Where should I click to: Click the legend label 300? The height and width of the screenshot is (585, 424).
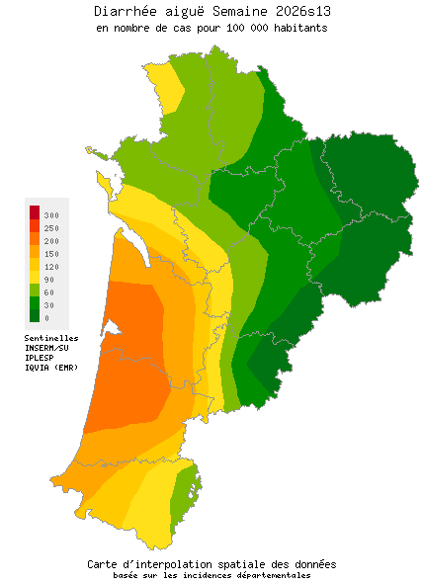[51, 214]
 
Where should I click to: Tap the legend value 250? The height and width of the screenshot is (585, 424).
[51, 228]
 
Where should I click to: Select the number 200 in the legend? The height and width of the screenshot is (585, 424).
[51, 241]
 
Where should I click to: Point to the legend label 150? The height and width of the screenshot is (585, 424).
[51, 254]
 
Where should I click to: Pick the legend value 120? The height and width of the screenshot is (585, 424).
[51, 267]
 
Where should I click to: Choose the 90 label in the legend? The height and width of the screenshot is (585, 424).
[49, 280]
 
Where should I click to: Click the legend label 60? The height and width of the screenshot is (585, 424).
[49, 292]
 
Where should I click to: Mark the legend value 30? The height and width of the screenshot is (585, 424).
[49, 305]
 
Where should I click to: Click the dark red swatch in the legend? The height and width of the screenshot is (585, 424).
[35, 211]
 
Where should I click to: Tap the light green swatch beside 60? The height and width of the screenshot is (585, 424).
[35, 290]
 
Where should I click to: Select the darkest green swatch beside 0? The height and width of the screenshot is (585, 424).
[35, 315]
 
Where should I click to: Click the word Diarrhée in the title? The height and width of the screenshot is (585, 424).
[124, 10]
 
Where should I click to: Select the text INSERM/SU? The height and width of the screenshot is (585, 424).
[46, 348]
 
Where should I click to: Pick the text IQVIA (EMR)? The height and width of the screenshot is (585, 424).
[50, 368]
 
